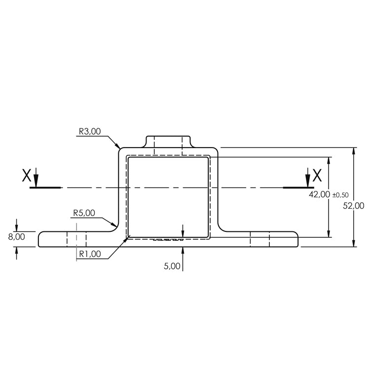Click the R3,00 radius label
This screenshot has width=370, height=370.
[x=89, y=132]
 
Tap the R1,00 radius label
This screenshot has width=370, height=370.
[x=89, y=254]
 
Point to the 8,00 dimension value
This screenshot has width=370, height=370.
[x=16, y=237]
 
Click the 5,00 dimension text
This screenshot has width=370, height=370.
[x=172, y=266]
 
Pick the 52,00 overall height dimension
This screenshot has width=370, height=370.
[x=354, y=206]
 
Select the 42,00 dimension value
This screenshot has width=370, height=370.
[x=319, y=195]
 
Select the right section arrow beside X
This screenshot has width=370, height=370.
[x=308, y=178]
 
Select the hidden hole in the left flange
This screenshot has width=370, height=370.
[x=76, y=239]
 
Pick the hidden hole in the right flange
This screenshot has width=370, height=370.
[x=259, y=239]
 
